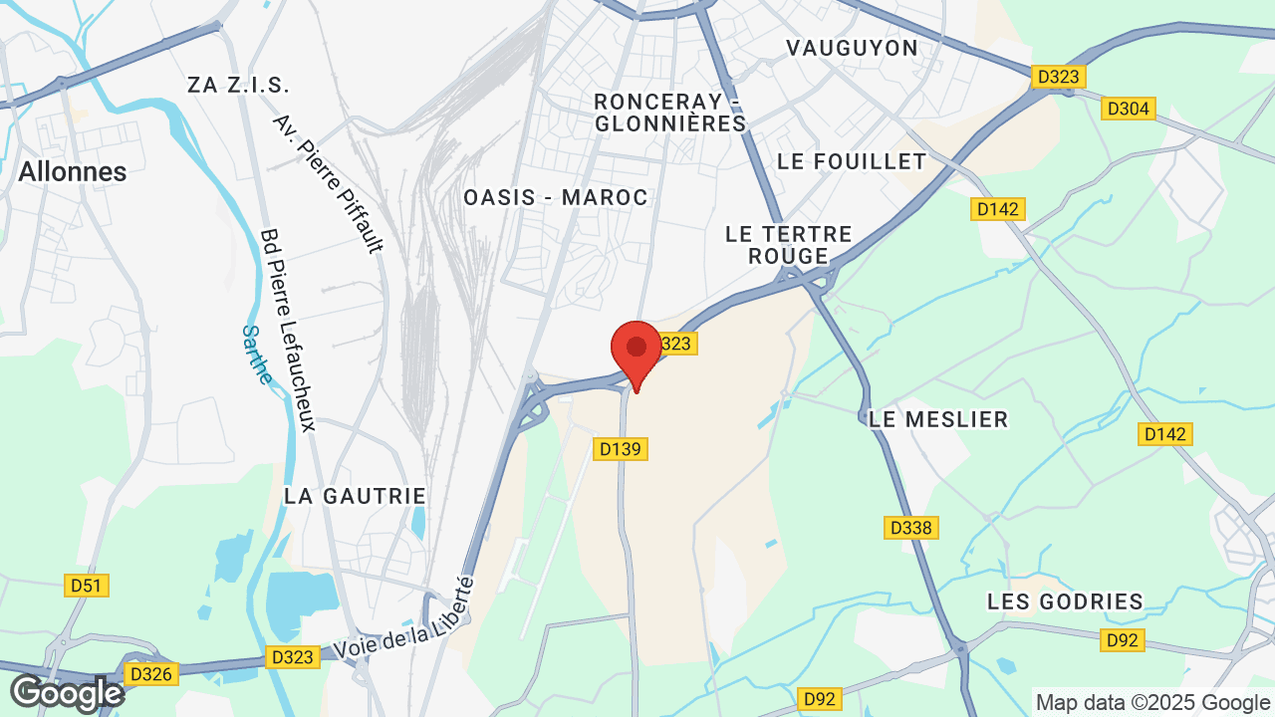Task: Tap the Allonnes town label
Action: tap(73, 171)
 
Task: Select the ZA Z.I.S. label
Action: tap(238, 85)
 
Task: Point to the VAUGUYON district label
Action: tap(852, 48)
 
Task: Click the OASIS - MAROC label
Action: tap(556, 197)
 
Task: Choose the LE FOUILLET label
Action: tap(852, 161)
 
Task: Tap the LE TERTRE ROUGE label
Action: tap(789, 245)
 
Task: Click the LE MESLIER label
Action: tap(938, 419)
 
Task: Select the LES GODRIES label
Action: tap(1065, 601)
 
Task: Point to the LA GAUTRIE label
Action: tap(355, 495)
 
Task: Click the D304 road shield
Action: tap(1128, 109)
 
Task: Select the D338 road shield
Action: tap(911, 528)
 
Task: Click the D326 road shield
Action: tap(151, 674)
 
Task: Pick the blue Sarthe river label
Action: tap(257, 355)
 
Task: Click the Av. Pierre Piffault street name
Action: tap(328, 184)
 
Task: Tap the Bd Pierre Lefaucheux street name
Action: tap(287, 330)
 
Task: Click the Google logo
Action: tap(67, 693)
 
